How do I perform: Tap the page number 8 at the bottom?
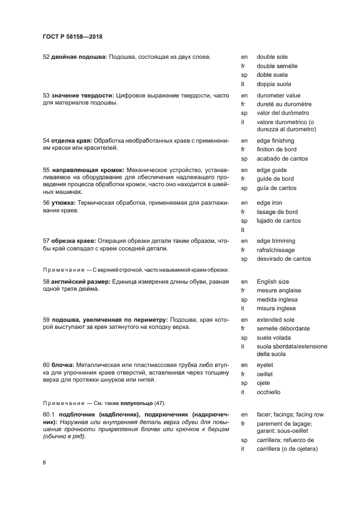(x=45, y=463)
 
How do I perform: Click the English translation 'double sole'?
(x=272, y=57)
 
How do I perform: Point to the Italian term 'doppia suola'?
(x=274, y=84)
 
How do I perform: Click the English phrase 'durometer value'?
(x=278, y=95)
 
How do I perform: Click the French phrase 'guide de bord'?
(x=275, y=179)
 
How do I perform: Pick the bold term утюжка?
(x=63, y=203)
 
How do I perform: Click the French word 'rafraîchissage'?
(x=276, y=250)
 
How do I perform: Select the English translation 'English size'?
(x=273, y=281)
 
